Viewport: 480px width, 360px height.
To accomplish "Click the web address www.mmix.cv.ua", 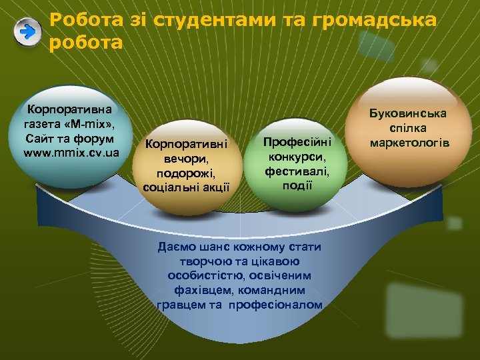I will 71,153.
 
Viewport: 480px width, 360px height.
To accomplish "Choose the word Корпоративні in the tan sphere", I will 186,143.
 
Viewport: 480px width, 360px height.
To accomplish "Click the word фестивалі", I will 296,171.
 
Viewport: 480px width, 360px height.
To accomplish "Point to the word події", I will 297,185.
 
